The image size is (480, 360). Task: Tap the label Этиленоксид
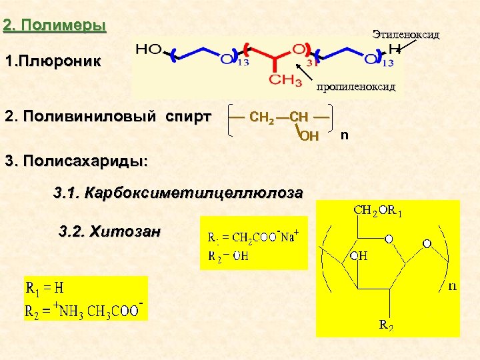406,34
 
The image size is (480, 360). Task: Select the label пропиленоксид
356,87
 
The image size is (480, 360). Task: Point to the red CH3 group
284,81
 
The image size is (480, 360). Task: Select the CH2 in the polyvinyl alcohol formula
261,118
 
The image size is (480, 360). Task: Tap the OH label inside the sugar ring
359,256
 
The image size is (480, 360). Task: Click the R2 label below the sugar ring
386,325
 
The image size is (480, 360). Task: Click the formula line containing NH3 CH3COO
84,310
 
